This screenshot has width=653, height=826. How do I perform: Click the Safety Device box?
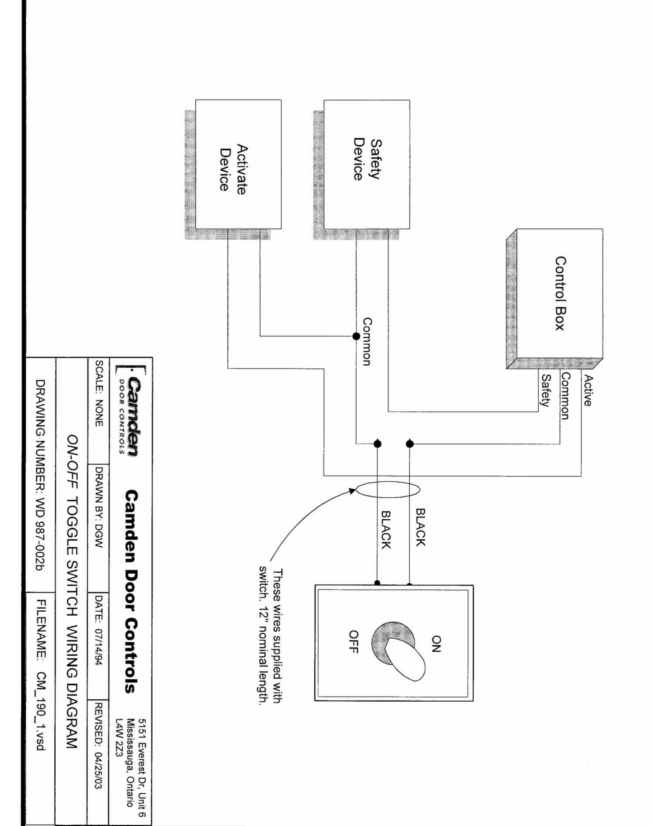(367, 164)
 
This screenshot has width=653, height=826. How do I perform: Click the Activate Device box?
(238, 164)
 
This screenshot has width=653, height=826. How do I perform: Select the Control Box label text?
(560, 293)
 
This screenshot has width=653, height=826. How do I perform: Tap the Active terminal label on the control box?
(588, 391)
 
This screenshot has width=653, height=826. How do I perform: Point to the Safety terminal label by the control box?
(545, 391)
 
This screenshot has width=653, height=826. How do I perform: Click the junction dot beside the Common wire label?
(356, 336)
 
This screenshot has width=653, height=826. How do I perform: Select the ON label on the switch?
(436, 644)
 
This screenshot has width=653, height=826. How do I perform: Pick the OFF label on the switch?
(354, 641)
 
